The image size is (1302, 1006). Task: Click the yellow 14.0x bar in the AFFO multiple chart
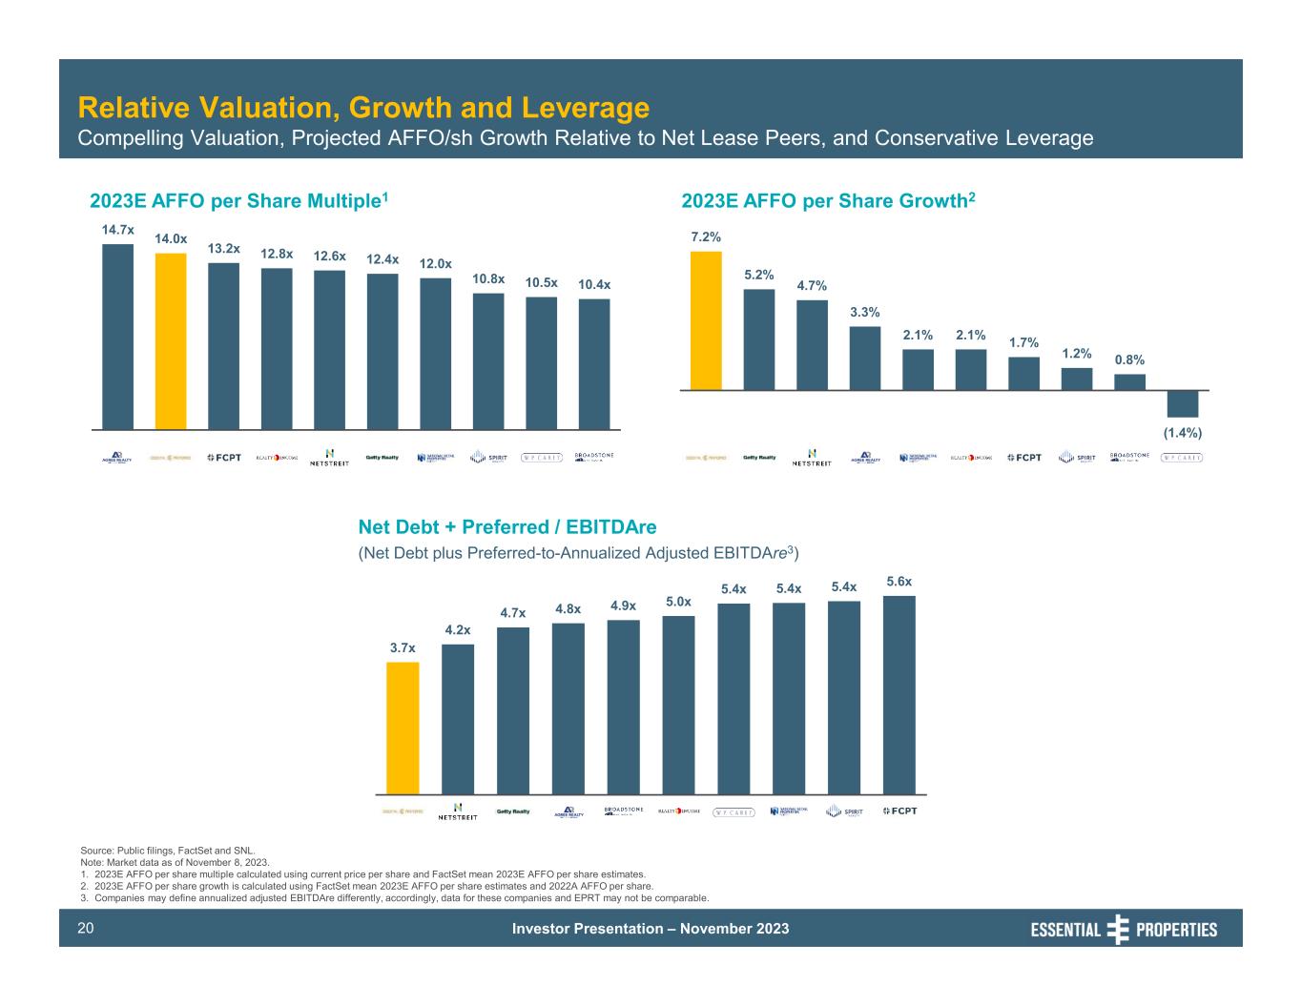coord(171,340)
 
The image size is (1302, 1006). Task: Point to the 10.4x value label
coord(594,285)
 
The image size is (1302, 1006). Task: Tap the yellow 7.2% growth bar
coord(706,320)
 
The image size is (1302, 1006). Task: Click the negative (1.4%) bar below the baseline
coord(1183,403)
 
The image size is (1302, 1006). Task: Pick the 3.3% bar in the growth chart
coord(865,358)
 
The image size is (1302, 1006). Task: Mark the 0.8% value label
coord(1129,359)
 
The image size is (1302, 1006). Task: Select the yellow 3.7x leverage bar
coord(403,728)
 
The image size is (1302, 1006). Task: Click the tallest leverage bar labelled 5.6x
coord(899,694)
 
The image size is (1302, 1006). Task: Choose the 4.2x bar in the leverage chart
coord(458,719)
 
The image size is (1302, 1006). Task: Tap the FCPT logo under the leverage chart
coord(899,811)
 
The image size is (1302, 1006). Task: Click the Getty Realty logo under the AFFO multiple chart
coord(382,458)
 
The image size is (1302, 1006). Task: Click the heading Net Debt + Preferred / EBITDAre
coord(506,527)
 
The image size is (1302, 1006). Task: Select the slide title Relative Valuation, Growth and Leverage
coord(363,107)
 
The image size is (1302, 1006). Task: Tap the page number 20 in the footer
coord(86,928)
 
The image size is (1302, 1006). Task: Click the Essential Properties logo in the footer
coord(1124,929)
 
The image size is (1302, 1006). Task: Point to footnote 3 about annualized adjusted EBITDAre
coord(401,897)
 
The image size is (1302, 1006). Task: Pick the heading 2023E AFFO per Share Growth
coord(828,200)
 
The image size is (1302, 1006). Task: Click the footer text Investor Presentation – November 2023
coord(651,929)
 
